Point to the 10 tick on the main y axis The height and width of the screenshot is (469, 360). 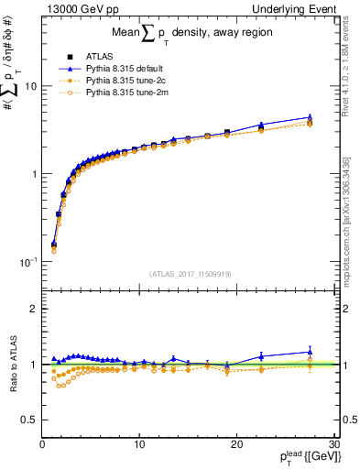[31, 86]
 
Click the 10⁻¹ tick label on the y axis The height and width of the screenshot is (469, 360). [27, 262]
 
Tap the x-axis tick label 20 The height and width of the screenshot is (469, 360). [236, 444]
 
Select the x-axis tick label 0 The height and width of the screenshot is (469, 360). [42, 444]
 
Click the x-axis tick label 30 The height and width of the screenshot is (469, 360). [333, 444]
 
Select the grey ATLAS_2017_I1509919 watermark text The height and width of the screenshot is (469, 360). [189, 273]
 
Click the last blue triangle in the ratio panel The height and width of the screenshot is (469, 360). [310, 352]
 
